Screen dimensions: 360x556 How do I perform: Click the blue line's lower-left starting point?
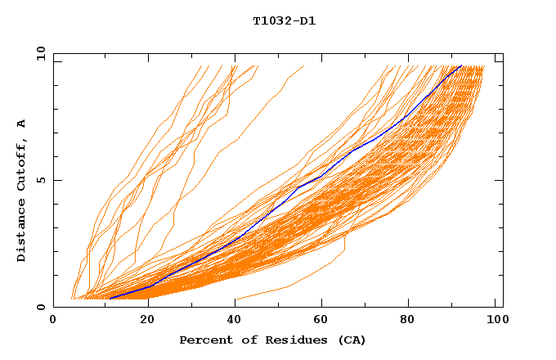pos(110,298)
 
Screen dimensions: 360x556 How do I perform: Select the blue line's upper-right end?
pos(461,65)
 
